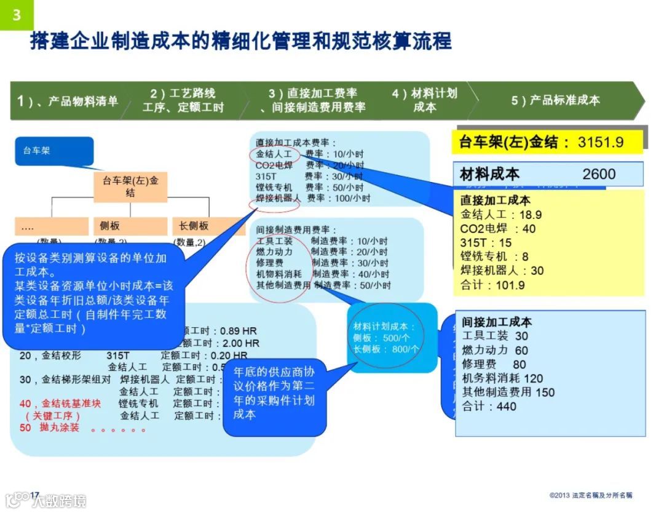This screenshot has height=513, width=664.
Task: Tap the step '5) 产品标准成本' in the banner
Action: coord(555,100)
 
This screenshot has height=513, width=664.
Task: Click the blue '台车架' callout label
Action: coord(54,150)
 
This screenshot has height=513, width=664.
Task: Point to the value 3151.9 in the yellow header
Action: coord(601,143)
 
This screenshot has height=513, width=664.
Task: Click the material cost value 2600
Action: coord(599,174)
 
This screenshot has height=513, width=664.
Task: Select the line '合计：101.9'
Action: coord(493,285)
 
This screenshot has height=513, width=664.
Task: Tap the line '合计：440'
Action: coord(489,406)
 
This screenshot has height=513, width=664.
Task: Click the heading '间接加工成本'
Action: coord(497,322)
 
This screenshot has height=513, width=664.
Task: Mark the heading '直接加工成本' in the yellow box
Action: coord(496,201)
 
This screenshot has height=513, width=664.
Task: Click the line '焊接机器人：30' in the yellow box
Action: coord(502,271)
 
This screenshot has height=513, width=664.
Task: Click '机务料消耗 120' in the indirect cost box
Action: coord(503,378)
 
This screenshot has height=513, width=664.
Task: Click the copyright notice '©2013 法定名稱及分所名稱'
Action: coord(591,495)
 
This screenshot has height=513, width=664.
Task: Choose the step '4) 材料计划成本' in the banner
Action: coord(425,100)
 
